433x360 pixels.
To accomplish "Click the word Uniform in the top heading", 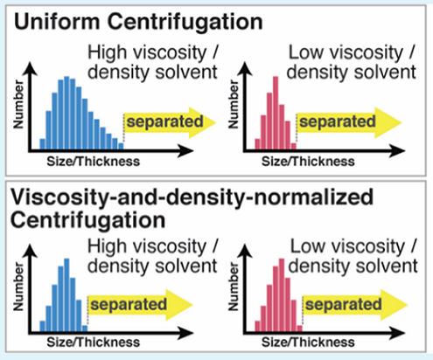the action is [x=57, y=22].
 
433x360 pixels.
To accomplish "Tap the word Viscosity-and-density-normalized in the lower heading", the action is [x=192, y=198].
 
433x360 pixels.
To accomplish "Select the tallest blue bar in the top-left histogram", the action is [x=66, y=114].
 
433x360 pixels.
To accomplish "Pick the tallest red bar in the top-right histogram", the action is [x=276, y=114].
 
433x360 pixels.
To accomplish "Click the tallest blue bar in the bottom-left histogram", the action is [x=66, y=295].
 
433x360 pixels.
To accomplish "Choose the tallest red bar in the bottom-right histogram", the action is [x=282, y=295].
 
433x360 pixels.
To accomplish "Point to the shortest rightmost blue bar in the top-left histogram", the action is [x=121, y=147].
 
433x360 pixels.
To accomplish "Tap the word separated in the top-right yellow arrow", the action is [x=338, y=121].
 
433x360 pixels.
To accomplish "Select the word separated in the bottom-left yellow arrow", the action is [x=129, y=305].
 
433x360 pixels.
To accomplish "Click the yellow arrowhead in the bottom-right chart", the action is [x=395, y=305].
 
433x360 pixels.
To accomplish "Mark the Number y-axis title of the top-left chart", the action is [x=18, y=104].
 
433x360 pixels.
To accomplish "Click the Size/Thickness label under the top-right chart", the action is [x=308, y=162].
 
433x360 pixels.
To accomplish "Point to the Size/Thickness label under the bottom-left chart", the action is [x=94, y=343].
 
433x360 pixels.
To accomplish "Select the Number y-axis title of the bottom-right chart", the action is [x=234, y=287].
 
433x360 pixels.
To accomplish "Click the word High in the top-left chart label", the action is [x=108, y=52].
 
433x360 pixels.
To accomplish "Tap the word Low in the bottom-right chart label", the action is [x=307, y=246].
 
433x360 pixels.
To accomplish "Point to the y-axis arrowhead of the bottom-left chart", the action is [x=30, y=251].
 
